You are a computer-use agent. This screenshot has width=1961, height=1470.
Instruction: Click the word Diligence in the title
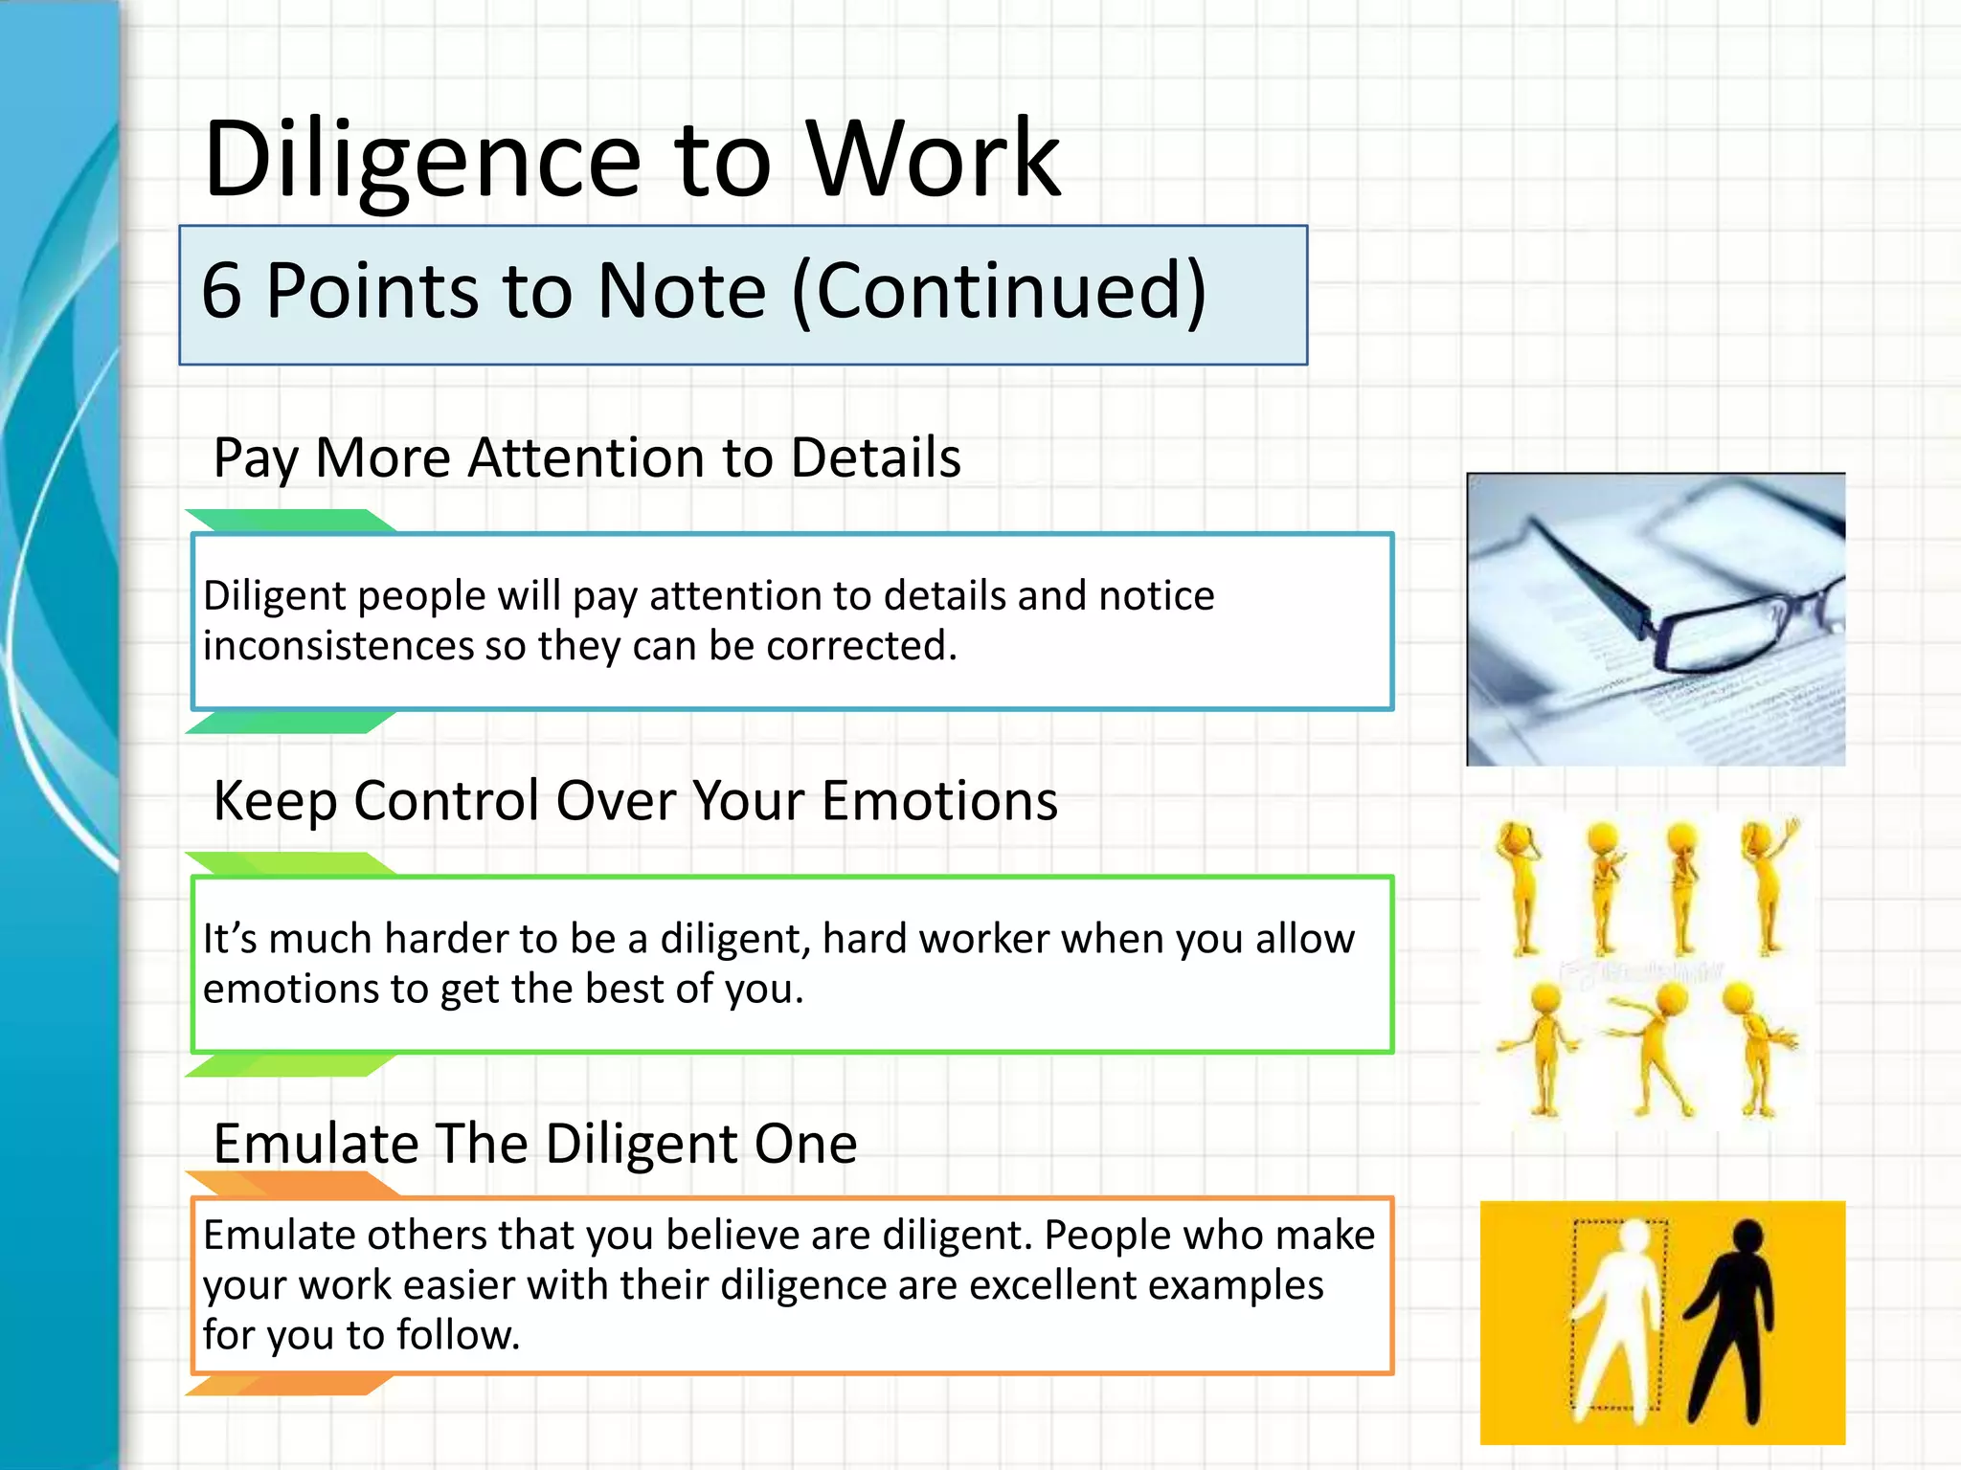tap(421, 161)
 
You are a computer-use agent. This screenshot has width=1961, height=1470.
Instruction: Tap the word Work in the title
tap(934, 159)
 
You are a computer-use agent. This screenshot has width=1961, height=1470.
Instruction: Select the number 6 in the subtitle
tap(221, 290)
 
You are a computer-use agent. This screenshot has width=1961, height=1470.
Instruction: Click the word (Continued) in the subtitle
tap(999, 292)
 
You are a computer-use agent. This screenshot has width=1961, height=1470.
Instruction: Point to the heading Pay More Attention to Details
tap(586, 458)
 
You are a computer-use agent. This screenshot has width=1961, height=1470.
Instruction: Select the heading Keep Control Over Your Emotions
tap(635, 801)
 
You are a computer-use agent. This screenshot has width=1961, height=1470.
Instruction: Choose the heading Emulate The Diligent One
tap(534, 1144)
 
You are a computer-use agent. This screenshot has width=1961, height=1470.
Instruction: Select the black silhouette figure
tap(1733, 1321)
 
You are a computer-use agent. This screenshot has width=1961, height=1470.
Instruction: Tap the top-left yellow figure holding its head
tap(1520, 885)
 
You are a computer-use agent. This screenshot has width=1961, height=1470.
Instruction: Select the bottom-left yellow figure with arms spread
tap(1542, 1048)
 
